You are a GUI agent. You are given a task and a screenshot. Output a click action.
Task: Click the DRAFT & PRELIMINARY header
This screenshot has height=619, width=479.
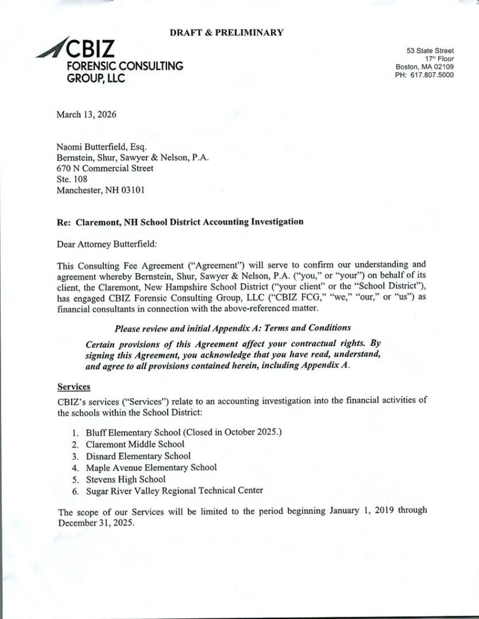[x=226, y=33]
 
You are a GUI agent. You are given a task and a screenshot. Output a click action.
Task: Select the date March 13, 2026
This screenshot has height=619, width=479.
[x=86, y=115]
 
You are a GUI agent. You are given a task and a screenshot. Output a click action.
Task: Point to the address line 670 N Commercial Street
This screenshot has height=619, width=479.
[x=105, y=168]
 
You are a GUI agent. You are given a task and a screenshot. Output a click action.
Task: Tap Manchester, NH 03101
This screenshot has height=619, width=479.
[x=101, y=190]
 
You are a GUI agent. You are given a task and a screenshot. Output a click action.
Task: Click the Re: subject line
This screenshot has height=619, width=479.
[x=180, y=222]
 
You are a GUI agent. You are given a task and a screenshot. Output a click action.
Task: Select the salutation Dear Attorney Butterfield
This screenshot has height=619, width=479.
[x=107, y=244]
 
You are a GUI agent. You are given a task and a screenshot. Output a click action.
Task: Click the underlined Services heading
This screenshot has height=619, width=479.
[x=73, y=387]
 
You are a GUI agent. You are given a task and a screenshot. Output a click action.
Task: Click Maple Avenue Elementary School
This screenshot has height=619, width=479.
[x=151, y=467]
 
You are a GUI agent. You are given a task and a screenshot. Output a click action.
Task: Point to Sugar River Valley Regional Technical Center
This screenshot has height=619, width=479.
[x=174, y=491]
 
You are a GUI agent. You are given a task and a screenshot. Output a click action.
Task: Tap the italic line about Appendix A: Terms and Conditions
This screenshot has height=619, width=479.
[x=232, y=328]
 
